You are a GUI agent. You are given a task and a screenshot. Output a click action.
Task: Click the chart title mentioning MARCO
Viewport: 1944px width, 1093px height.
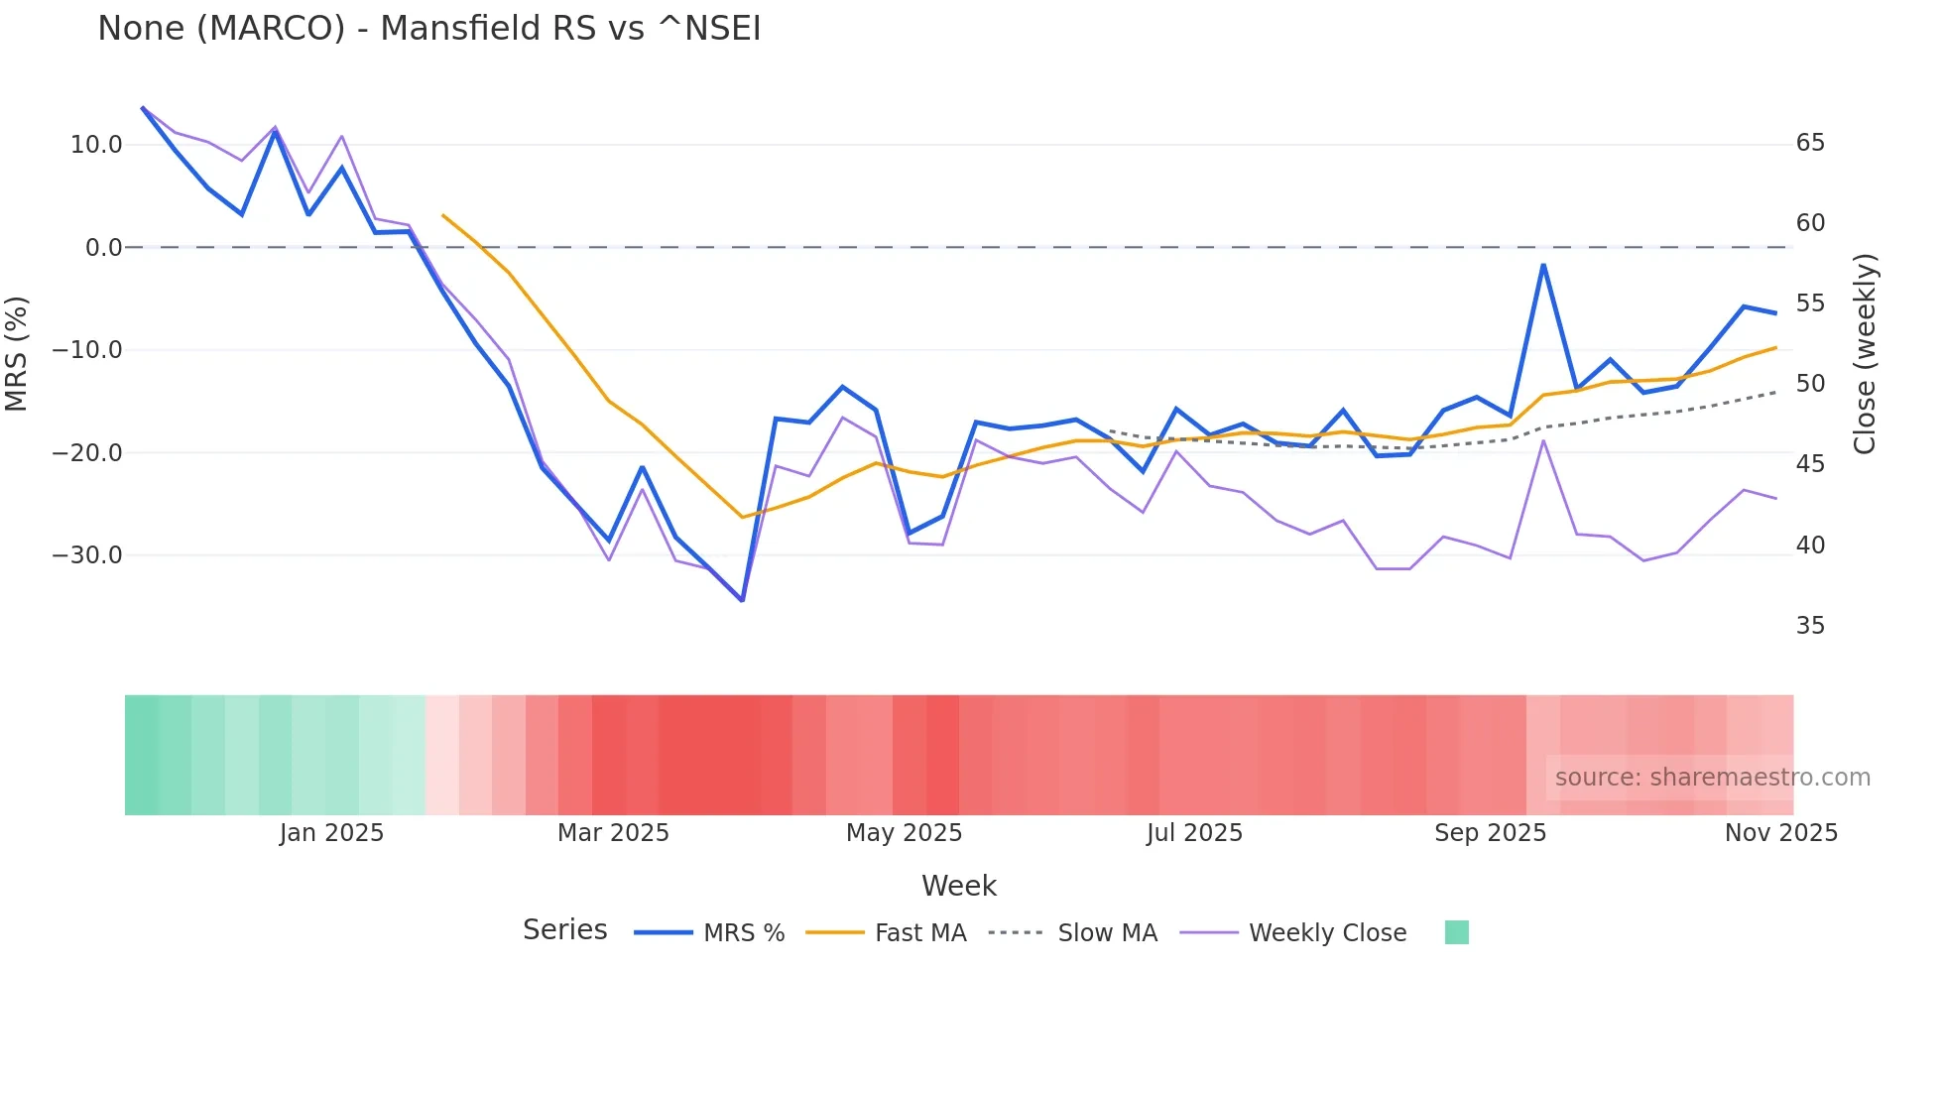[x=428, y=29]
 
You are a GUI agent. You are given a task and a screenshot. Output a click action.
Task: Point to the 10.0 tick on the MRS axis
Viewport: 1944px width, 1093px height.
[x=96, y=145]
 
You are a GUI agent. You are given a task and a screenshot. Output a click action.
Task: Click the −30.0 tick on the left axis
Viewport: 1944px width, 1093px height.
[x=87, y=555]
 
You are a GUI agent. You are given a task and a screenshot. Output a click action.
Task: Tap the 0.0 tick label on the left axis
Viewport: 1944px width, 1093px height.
[x=103, y=248]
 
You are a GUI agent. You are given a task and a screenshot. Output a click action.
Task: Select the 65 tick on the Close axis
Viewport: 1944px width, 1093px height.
[x=1810, y=143]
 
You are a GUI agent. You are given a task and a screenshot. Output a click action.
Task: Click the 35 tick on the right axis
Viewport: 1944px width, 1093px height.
[x=1810, y=626]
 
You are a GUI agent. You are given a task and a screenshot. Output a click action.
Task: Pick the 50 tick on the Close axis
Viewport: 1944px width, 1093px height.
[x=1810, y=384]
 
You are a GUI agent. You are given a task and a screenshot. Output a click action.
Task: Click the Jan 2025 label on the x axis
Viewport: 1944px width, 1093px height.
[x=331, y=833]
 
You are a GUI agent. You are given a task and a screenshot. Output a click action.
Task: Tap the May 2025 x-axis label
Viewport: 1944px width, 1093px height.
[x=904, y=833]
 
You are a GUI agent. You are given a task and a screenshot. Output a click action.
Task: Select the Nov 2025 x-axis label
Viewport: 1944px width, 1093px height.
[x=1780, y=833]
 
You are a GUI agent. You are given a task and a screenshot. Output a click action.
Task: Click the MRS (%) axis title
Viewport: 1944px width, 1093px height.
[x=17, y=353]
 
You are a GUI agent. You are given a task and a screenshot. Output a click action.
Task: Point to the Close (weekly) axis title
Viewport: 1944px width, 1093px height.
[x=1865, y=353]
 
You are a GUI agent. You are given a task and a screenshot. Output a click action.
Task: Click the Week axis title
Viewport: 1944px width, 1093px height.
[x=958, y=886]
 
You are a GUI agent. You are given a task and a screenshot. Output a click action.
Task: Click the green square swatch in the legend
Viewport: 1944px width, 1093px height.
[x=1456, y=932]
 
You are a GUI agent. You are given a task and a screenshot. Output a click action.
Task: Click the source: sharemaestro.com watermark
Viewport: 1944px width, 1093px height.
[x=1712, y=778]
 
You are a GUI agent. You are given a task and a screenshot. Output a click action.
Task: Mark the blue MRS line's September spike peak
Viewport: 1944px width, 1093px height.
[x=1543, y=265]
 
